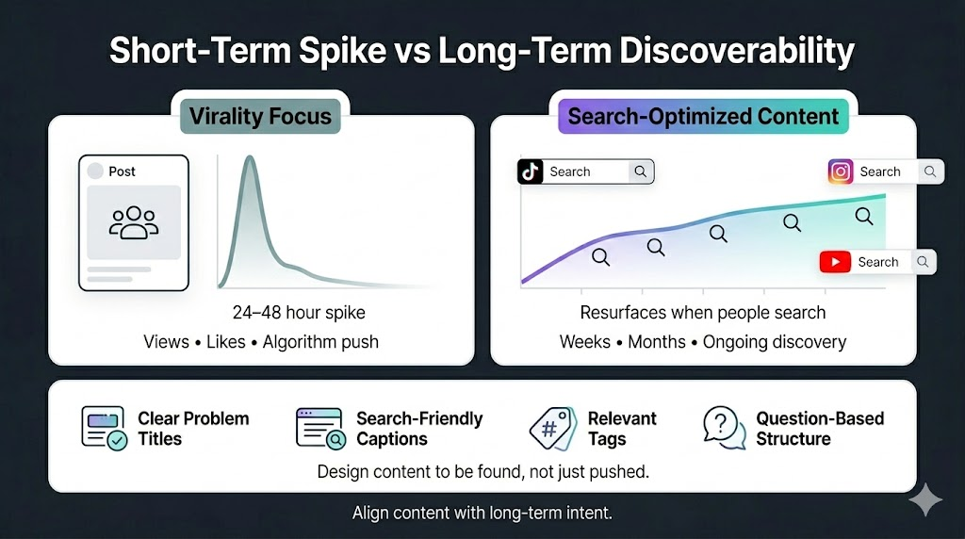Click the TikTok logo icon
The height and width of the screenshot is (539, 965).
point(530,171)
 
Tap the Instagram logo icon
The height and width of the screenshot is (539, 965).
point(840,171)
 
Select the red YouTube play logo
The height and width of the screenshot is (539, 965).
point(835,262)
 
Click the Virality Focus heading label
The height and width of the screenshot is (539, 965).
point(260,116)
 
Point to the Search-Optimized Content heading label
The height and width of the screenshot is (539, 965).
point(703,116)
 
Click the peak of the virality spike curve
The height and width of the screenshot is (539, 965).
point(250,157)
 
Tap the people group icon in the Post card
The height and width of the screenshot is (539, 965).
point(134,222)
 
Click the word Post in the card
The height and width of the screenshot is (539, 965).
point(122,171)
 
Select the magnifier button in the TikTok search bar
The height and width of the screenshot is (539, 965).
point(641,171)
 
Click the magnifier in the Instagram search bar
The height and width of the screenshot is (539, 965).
point(930,171)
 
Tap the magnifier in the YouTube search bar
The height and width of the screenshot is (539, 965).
point(923,262)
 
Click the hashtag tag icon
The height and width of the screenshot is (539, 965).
point(552,428)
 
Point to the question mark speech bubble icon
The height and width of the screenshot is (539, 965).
point(725,428)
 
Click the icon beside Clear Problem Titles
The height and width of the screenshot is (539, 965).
point(104,428)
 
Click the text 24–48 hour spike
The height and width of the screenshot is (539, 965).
point(299,313)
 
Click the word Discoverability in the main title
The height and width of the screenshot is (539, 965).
point(737,51)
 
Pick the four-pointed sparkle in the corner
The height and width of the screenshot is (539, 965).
point(925,499)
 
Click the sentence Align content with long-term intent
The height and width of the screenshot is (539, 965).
point(482,513)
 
